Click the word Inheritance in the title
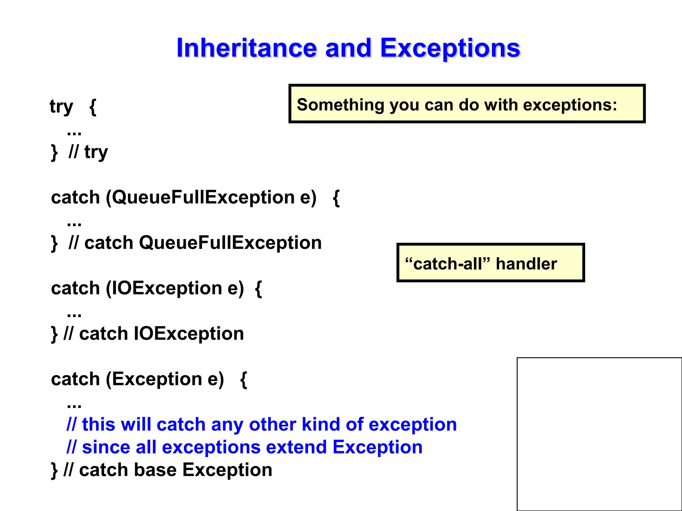(246, 48)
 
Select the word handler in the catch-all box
(526, 264)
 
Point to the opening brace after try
(93, 107)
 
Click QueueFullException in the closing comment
(230, 243)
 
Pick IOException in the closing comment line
(188, 334)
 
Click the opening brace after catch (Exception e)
(243, 379)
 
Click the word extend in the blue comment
(296, 447)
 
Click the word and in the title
(348, 48)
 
